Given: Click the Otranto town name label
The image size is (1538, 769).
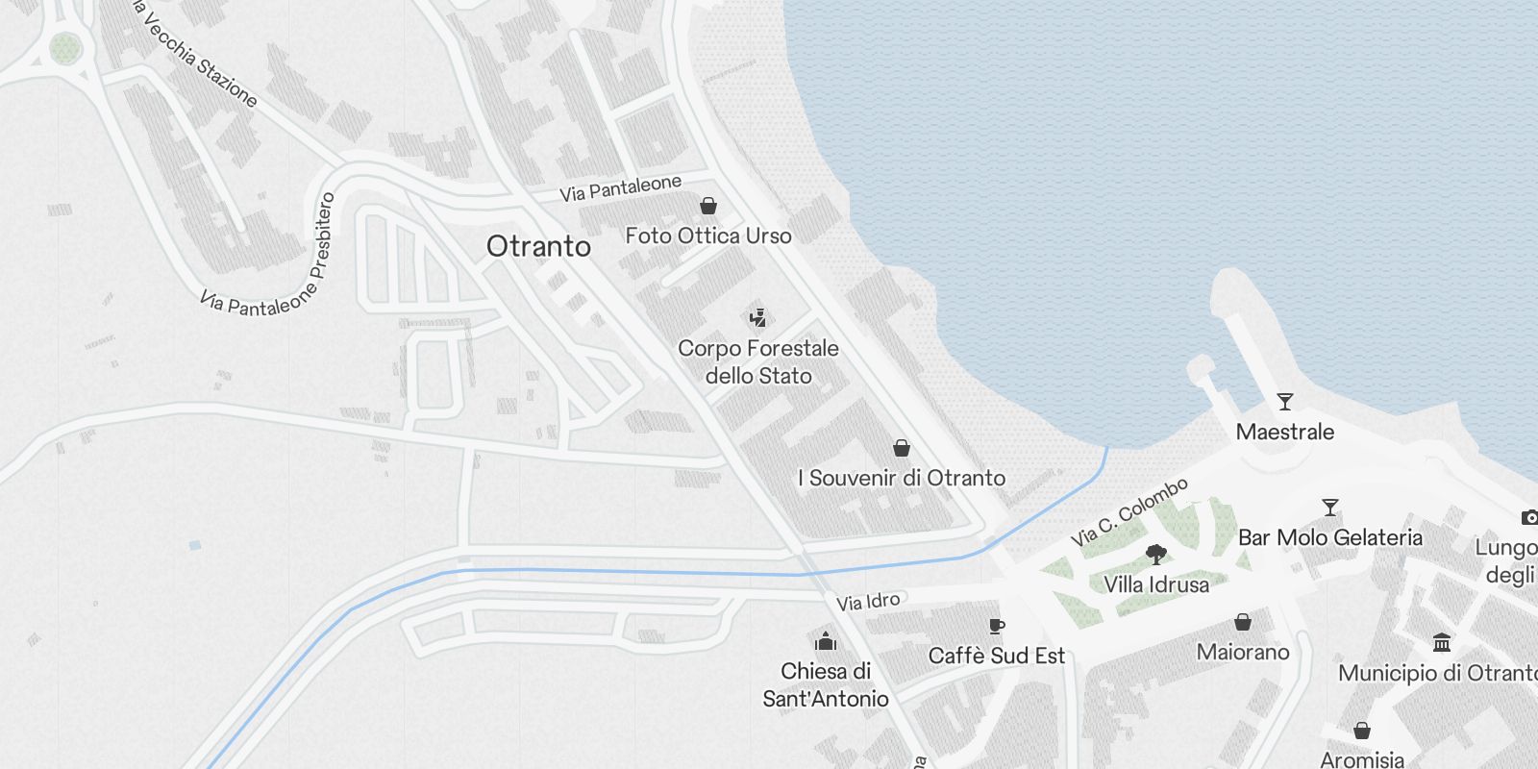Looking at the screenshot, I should [x=538, y=246].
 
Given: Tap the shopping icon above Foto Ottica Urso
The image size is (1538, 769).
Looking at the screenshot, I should [x=708, y=206].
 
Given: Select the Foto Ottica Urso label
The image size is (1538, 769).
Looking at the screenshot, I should [x=708, y=236].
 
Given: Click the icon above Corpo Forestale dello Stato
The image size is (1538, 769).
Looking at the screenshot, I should [x=758, y=317].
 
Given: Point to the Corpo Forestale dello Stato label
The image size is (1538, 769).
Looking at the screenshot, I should [x=758, y=361].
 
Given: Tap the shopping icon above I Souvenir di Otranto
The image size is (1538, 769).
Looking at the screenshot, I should [x=902, y=448].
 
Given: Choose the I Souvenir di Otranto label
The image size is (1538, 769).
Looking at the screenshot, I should [x=902, y=478].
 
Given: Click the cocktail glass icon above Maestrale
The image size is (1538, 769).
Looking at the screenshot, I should [x=1285, y=402].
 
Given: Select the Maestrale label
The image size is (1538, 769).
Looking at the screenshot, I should [x=1285, y=432].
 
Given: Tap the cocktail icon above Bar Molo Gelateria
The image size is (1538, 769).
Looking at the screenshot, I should [x=1330, y=508].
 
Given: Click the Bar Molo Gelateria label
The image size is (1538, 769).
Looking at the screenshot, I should [x=1330, y=537].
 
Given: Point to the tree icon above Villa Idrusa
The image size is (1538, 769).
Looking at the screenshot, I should [x=1156, y=554].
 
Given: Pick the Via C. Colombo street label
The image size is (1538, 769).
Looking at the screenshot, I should [x=1129, y=512].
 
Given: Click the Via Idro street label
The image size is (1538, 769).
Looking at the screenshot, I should [x=868, y=602].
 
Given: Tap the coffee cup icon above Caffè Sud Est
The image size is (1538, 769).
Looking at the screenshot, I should [x=997, y=627].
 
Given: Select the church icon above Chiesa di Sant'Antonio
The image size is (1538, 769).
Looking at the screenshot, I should [x=826, y=641].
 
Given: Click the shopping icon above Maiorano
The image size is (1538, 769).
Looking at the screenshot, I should [x=1243, y=622].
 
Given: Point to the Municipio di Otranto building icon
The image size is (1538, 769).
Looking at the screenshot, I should [x=1442, y=642].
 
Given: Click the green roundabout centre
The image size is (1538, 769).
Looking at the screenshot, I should [x=64, y=47].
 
